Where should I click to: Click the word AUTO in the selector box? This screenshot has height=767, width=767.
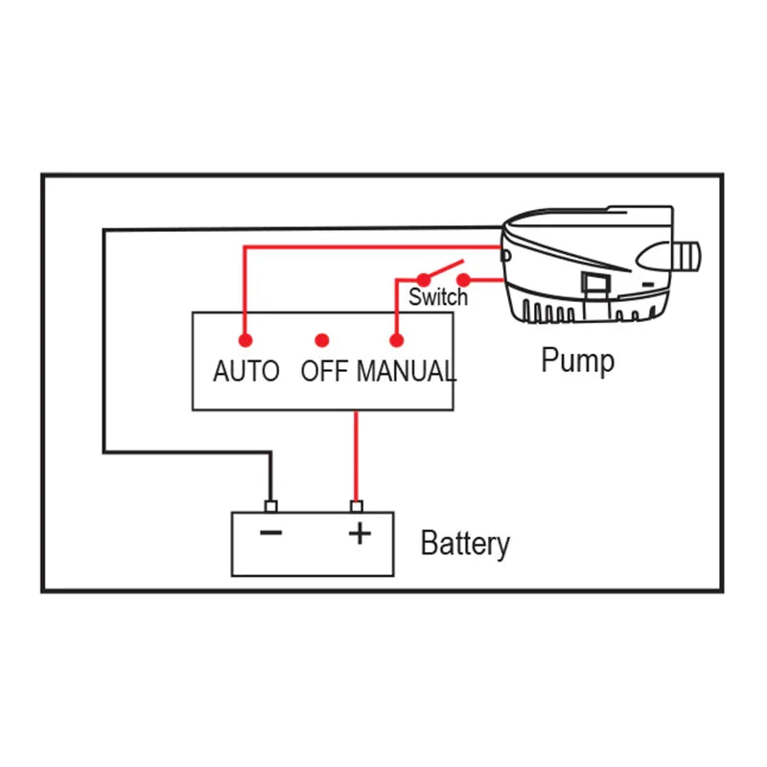[x=245, y=371]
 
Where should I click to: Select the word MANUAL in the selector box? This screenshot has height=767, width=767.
[x=406, y=371]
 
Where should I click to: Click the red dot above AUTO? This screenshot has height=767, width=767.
[x=245, y=339]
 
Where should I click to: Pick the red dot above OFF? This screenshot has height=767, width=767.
[x=322, y=339]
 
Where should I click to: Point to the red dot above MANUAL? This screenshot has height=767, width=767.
[x=395, y=339]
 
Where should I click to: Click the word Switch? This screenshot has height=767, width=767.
[x=438, y=297]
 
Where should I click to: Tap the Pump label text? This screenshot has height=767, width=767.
[x=577, y=361]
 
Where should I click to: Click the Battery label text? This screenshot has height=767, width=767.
[x=465, y=544]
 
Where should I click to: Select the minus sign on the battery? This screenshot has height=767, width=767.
[x=271, y=533]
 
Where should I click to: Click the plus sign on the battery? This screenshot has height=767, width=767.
[x=359, y=533]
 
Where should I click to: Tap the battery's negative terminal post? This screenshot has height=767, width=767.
[x=270, y=506]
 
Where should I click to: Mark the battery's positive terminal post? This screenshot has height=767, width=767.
[x=357, y=506]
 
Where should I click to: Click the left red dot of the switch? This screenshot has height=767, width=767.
[x=423, y=280]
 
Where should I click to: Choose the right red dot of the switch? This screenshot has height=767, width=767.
[x=464, y=280]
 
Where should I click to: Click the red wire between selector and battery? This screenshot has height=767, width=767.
[x=357, y=455]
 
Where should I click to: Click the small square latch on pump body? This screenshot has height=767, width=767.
[x=593, y=283]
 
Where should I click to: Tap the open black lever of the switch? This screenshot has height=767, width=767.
[x=443, y=270]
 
